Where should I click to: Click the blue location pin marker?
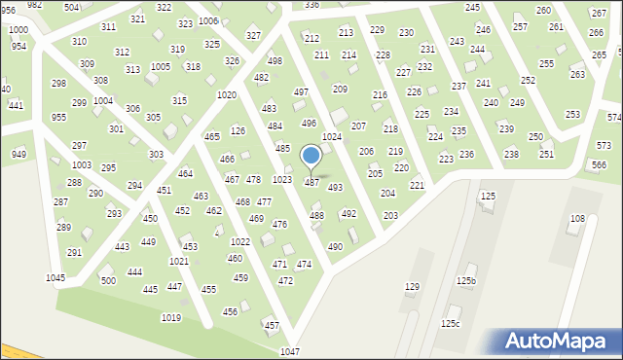click(311, 157)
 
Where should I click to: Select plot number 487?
click(311, 182)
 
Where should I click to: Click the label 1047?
click(289, 351)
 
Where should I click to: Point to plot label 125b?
click(466, 281)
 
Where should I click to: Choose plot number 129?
click(412, 286)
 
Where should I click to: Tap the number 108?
click(577, 219)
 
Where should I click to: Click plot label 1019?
click(171, 318)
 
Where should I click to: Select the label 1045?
click(55, 278)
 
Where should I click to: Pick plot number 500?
click(108, 280)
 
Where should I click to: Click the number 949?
click(18, 154)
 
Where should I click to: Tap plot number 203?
click(390, 215)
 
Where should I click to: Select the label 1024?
click(332, 137)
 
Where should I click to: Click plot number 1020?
click(227, 94)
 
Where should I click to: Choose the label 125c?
click(451, 323)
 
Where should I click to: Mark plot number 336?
click(311, 5)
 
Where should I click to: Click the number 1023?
click(282, 179)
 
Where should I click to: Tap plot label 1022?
click(239, 241)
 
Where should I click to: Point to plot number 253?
click(573, 115)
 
